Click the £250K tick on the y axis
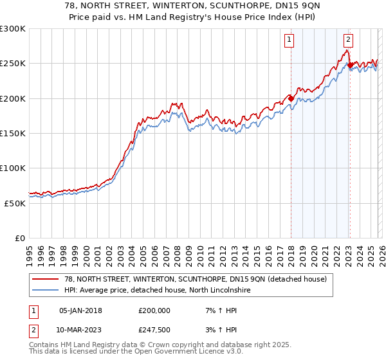point(13,64)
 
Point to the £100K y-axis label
point(13,168)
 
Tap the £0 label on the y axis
point(21,238)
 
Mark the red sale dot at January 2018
point(291,98)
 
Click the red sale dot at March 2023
point(349,65)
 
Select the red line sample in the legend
point(46,279)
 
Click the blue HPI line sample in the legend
point(46,290)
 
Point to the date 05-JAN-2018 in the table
point(80,310)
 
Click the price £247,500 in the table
point(154,330)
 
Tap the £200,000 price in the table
point(154,310)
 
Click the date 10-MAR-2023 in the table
point(80,330)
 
